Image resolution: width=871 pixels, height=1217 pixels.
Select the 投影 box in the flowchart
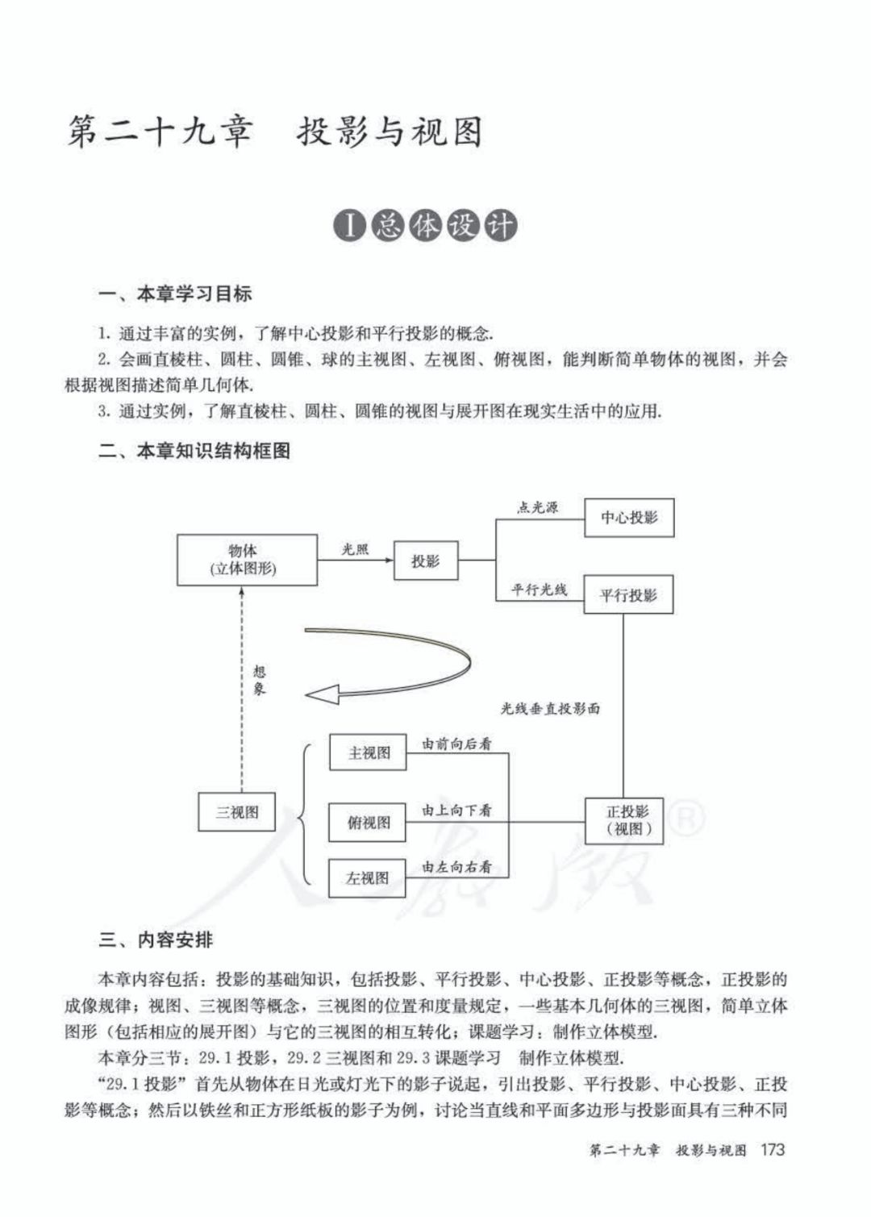click(425, 561)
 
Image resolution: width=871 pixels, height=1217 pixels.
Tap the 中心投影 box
click(628, 517)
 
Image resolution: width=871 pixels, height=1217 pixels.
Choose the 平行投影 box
click(628, 595)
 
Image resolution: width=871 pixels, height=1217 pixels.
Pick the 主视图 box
click(368, 752)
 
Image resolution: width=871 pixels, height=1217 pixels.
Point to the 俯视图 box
click(368, 822)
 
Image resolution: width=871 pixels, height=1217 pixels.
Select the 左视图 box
click(368, 878)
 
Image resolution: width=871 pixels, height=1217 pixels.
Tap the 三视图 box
click(236, 812)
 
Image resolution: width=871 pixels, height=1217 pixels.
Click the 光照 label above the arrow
click(355, 548)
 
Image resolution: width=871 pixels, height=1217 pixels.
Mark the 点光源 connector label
click(537, 507)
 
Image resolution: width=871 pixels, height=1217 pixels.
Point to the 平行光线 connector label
click(540, 590)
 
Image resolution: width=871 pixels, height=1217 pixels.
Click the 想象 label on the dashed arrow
click(259, 681)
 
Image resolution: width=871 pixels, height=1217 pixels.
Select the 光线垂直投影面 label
click(550, 709)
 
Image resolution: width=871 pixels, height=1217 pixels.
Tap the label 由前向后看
click(456, 744)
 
